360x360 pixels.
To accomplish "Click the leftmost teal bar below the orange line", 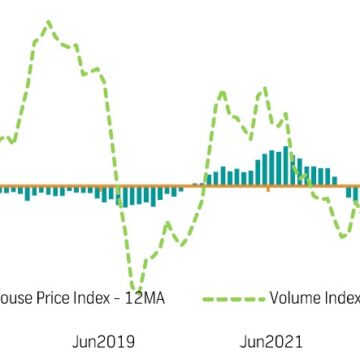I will tap(3, 189).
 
